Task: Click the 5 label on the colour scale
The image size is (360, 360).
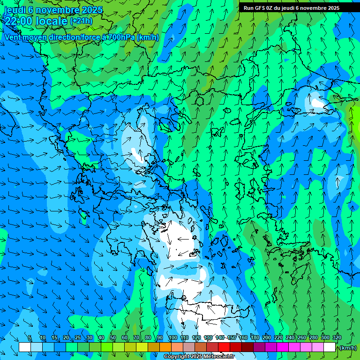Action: [30, 337]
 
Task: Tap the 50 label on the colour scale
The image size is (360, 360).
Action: [112, 337]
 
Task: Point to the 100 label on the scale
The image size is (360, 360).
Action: [172, 337]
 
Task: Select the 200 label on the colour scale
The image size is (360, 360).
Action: [267, 337]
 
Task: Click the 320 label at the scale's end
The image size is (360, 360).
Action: [337, 337]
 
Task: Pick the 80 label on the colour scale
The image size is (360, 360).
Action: [148, 337]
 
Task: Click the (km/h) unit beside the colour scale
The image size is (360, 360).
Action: [348, 347]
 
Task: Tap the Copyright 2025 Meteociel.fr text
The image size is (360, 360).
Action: [199, 357]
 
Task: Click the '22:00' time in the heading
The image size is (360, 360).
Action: [18, 21]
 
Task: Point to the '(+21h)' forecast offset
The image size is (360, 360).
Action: [81, 21]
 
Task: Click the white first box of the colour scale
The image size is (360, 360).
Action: [25, 347]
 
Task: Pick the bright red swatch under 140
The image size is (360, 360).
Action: [224, 347]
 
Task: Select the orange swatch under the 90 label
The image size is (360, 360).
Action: [165, 347]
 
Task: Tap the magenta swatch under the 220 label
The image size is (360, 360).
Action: [283, 347]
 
